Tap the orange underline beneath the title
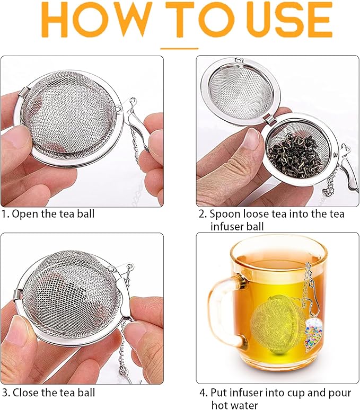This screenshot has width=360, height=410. tap(179, 48)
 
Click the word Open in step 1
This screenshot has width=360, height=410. tap(23, 214)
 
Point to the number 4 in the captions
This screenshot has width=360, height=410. tap(202, 393)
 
